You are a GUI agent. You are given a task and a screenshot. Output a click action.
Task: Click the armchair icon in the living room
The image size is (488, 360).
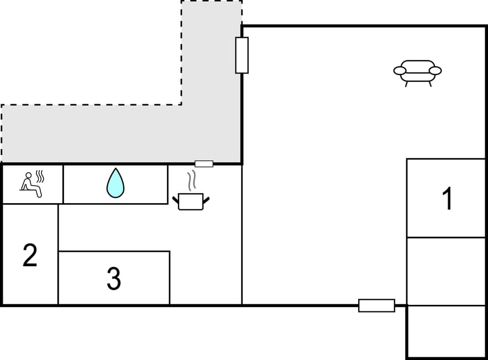417,73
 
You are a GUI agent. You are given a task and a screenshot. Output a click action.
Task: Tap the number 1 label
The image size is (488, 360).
448,198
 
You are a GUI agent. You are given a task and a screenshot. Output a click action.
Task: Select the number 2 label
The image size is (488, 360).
30,255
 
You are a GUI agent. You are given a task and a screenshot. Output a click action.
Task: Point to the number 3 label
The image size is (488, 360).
114,279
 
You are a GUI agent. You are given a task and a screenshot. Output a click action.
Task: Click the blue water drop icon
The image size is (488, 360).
116,183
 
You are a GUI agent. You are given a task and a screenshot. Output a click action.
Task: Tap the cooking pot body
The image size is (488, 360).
191,202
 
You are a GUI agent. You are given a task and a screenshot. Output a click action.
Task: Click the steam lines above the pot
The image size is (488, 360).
192,181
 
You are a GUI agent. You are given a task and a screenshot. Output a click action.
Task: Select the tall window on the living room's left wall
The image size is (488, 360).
242,55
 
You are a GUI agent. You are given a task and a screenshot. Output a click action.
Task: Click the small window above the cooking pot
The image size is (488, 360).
204,164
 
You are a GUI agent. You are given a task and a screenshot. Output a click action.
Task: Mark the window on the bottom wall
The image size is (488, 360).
376,305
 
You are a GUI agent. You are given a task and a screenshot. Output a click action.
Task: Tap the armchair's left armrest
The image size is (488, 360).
400,71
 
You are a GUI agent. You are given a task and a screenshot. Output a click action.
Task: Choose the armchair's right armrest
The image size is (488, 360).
435,71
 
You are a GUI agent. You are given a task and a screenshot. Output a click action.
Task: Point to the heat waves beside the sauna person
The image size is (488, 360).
40,176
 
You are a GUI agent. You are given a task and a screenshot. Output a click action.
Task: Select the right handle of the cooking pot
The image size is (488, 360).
206,200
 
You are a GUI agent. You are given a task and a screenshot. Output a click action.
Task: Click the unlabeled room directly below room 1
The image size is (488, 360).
446,272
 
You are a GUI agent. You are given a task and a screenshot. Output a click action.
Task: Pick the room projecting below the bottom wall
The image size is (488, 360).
446,332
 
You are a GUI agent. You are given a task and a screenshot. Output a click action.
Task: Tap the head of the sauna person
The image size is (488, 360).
29,176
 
